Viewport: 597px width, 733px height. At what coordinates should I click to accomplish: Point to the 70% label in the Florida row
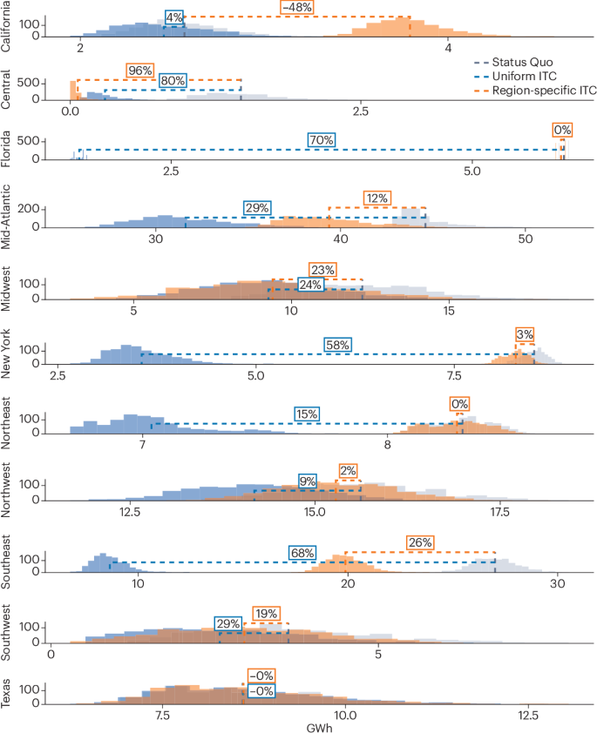tap(321, 140)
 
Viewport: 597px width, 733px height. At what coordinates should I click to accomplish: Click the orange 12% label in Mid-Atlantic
tap(377, 198)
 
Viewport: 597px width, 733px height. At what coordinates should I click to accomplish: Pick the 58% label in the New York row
tap(337, 345)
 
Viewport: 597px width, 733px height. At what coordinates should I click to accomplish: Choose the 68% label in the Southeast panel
tap(302, 553)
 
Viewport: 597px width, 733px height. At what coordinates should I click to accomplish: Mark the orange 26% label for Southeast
tap(420, 542)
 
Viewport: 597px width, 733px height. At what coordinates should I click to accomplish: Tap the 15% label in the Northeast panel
tap(306, 414)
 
